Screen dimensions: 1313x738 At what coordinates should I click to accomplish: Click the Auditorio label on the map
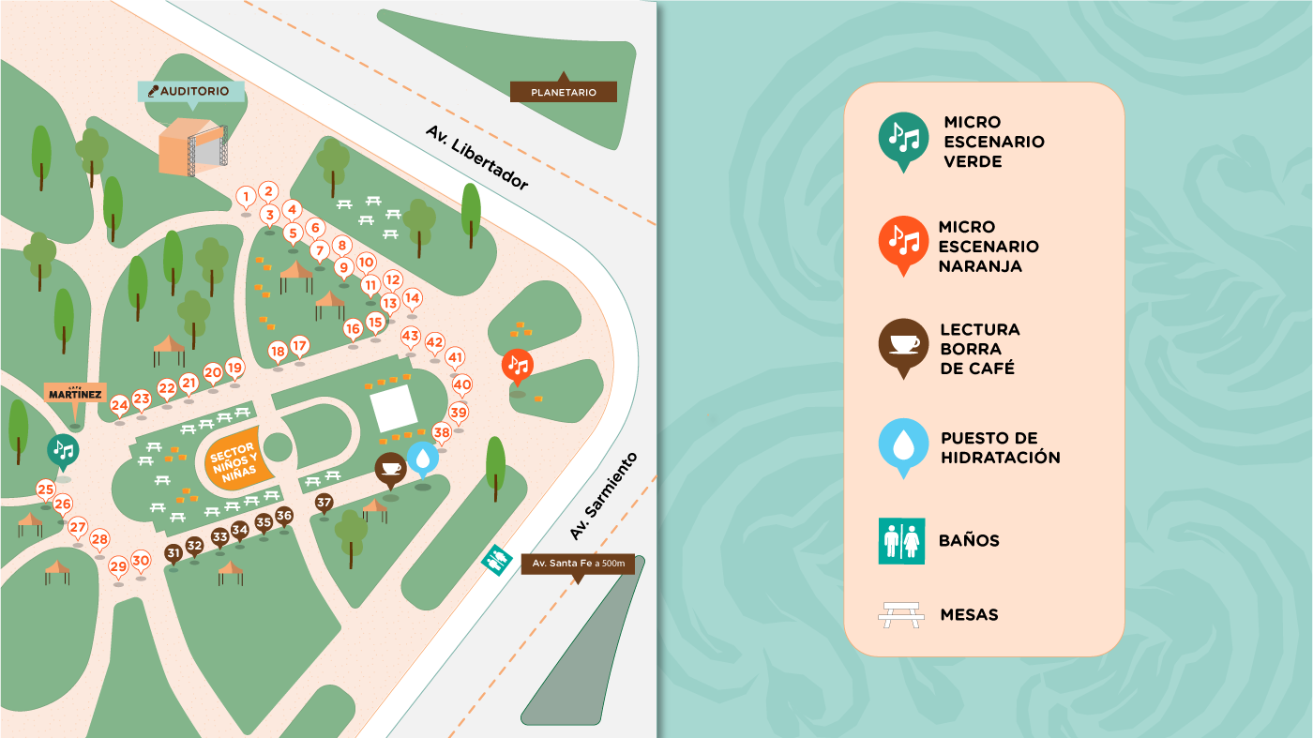pyautogui.click(x=192, y=91)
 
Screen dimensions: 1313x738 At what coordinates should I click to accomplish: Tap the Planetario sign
pyautogui.click(x=564, y=92)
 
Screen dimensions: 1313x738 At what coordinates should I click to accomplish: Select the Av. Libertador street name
pyautogui.click(x=476, y=158)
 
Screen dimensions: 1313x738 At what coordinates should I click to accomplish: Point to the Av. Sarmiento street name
pyautogui.click(x=603, y=496)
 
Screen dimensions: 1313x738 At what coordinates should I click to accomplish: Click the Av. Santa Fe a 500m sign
pyautogui.click(x=578, y=564)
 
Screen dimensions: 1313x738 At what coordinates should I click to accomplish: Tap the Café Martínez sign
pyautogui.click(x=75, y=394)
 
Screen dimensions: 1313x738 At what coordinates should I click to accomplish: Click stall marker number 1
pyautogui.click(x=246, y=197)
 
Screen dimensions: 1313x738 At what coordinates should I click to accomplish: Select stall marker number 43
pyautogui.click(x=411, y=336)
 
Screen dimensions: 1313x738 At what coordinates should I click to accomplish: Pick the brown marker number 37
pyautogui.click(x=324, y=502)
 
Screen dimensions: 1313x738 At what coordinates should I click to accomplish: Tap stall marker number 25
pyautogui.click(x=45, y=489)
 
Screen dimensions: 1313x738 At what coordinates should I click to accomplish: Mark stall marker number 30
pyautogui.click(x=141, y=561)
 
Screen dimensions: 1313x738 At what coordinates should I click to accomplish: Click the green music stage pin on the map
pyautogui.click(x=63, y=449)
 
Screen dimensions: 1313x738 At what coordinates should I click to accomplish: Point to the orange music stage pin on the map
pyautogui.click(x=518, y=364)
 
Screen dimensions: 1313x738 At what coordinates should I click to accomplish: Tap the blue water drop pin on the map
pyautogui.click(x=423, y=458)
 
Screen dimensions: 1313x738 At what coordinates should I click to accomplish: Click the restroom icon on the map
pyautogui.click(x=495, y=560)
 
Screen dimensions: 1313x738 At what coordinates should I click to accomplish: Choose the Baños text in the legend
pyautogui.click(x=969, y=540)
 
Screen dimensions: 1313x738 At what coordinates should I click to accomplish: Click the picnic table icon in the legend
pyautogui.click(x=901, y=615)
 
